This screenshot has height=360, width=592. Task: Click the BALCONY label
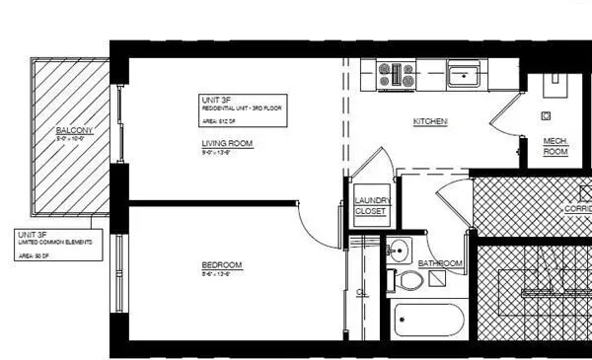pos(75,130)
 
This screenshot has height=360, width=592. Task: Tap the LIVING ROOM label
pos(228,144)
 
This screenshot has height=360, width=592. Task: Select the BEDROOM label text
pos(221,266)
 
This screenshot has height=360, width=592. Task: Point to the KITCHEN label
pos(430,122)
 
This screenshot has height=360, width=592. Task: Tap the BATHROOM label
pos(440,263)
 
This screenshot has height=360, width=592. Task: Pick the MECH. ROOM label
pos(556,146)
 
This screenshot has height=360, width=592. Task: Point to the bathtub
pos(427,322)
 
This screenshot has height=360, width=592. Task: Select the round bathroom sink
pos(398,248)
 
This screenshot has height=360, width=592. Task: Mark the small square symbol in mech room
pos(544,114)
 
